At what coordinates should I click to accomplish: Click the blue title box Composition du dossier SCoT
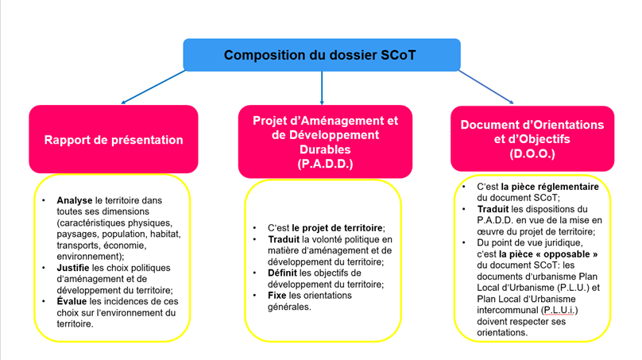click(321, 54)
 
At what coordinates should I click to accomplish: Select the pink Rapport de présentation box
click(114, 140)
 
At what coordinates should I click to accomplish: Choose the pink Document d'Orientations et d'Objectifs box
click(532, 137)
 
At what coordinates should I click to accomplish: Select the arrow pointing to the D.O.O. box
click(486, 87)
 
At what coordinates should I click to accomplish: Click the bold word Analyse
click(75, 200)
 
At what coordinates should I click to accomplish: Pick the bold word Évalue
click(73, 301)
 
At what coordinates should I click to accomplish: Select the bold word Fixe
click(277, 295)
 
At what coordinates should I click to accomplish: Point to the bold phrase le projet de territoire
click(338, 228)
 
